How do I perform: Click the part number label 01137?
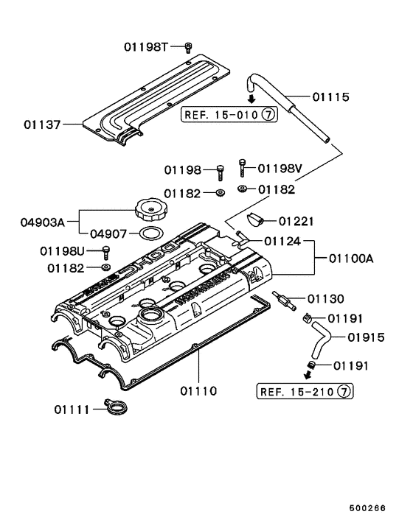coord(42,124)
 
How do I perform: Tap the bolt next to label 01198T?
coord(188,47)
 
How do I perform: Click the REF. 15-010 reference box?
coord(229,115)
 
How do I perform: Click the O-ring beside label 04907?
coord(151,234)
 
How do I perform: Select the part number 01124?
coord(282,240)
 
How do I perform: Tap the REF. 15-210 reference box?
coord(302,390)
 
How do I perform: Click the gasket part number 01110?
coord(197,390)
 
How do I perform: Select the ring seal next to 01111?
coord(115,407)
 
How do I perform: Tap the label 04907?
coord(107,234)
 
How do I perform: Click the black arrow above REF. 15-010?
coord(251,100)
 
